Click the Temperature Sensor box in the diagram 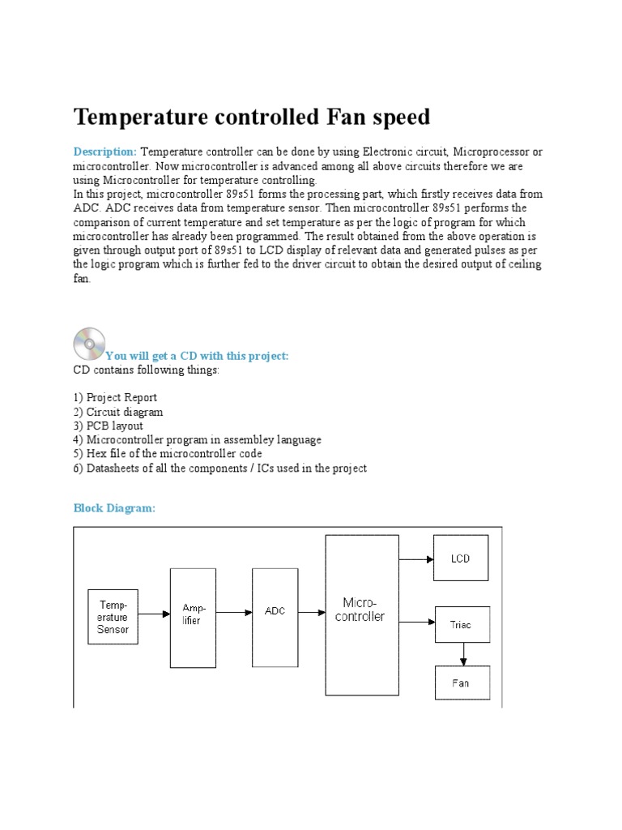(x=113, y=616)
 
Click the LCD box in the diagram (x=461, y=558)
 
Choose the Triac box (x=461, y=624)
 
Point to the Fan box (x=461, y=682)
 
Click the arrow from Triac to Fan (x=462, y=653)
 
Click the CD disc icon (x=88, y=344)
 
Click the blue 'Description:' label (x=105, y=152)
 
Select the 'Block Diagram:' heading (x=114, y=508)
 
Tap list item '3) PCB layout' (x=109, y=426)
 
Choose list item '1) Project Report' (x=115, y=398)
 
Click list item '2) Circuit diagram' (x=118, y=412)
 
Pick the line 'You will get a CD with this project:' (x=197, y=356)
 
